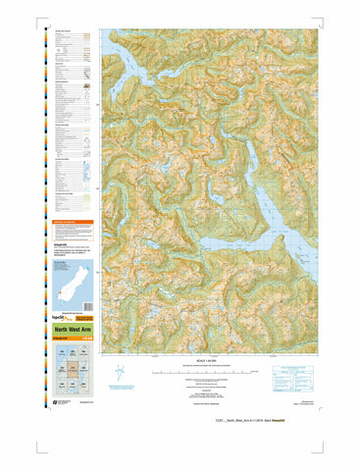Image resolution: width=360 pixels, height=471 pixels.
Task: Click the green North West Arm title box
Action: pos(74,331)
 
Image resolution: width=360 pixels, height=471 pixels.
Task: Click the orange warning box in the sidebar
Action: pos(74,227)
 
